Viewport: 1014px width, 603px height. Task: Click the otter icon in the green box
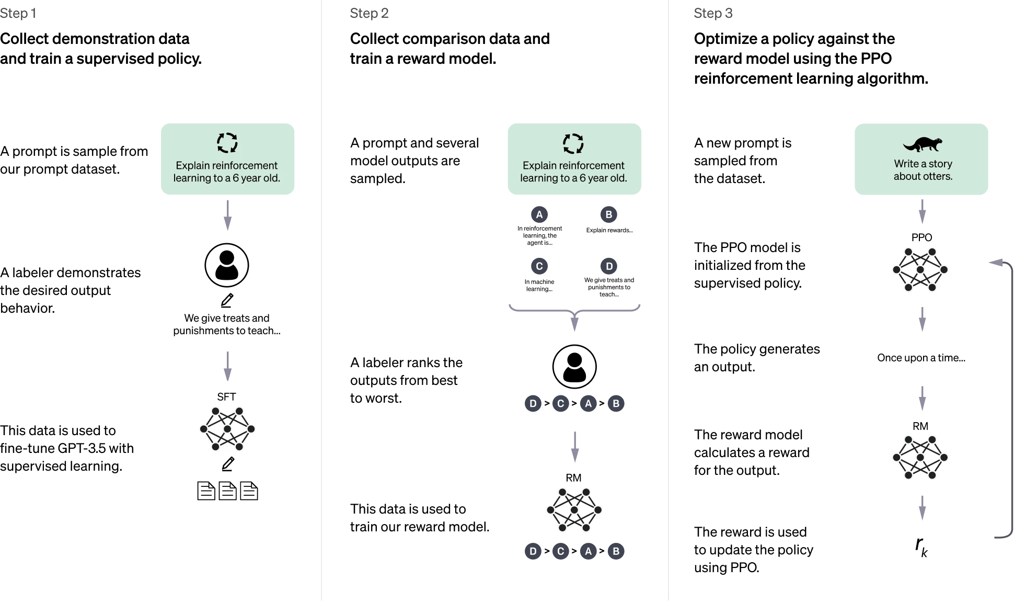(x=923, y=144)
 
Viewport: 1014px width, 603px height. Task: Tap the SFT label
(x=226, y=397)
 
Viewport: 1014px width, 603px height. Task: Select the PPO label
(x=921, y=237)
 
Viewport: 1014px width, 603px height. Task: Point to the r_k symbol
(x=921, y=547)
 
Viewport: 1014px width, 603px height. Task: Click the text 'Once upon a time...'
(x=921, y=358)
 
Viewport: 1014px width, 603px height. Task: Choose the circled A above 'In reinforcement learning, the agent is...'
(x=539, y=214)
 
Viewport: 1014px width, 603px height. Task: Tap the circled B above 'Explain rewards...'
(x=609, y=214)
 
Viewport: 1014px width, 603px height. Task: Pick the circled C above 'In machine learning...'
(x=539, y=266)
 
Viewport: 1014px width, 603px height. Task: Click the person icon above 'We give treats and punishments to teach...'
(x=227, y=265)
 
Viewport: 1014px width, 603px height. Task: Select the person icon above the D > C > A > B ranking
(x=574, y=367)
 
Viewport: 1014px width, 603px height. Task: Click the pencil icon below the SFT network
(x=228, y=464)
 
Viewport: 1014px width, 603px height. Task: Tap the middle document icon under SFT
(x=227, y=491)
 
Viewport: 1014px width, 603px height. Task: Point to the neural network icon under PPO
(x=920, y=270)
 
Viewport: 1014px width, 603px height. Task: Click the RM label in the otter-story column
(x=920, y=426)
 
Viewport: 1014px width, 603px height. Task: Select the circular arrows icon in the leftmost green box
(x=227, y=143)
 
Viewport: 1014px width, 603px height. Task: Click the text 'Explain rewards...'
(x=609, y=230)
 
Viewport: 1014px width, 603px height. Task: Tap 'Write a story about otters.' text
(x=923, y=170)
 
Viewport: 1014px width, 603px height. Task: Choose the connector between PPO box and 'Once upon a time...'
(x=922, y=318)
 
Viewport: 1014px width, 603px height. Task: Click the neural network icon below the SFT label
(x=227, y=429)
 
